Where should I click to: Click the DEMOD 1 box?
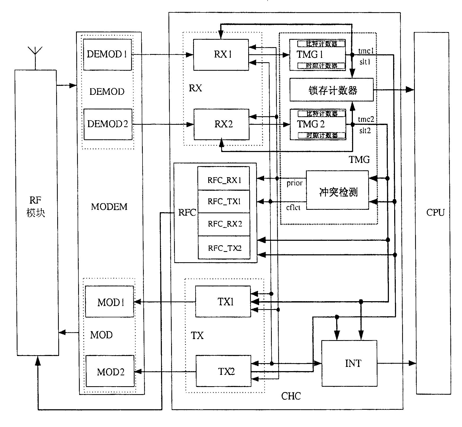point(107,55)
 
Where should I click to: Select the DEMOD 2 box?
point(108,124)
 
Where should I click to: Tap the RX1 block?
point(221,55)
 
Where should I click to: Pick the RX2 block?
point(221,124)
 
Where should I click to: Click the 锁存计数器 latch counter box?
point(331,90)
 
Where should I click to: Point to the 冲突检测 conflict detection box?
point(337,190)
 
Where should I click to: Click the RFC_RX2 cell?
point(224,224)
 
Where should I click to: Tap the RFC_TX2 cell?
point(224,247)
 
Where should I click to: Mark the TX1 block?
point(223,301)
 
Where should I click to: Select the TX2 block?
point(223,371)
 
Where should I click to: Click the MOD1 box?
point(109,302)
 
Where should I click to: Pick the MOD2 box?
point(110,371)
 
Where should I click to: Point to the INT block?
point(349,363)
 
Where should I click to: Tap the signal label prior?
point(295,183)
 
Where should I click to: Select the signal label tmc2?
point(366,119)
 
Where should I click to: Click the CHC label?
point(291,396)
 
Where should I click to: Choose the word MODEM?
point(109,207)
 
